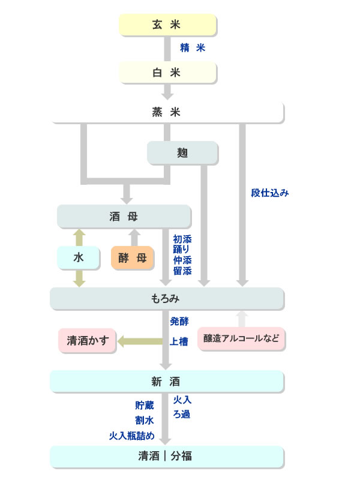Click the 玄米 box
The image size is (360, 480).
tap(167, 25)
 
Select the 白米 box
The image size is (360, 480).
tap(167, 73)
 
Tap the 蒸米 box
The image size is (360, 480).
tap(167, 112)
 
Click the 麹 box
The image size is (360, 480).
tap(182, 153)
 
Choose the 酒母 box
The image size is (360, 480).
tap(124, 216)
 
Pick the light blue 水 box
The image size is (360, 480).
tap(79, 258)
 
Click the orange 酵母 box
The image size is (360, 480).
tap(133, 258)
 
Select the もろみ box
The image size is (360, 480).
tap(167, 298)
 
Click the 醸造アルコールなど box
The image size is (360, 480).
tap(241, 338)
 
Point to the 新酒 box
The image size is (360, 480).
tap(167, 381)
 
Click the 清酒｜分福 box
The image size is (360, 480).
tap(167, 456)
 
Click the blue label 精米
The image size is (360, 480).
tap(193, 48)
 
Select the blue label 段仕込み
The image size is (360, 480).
tap(270, 193)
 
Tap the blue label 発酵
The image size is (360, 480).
tap(179, 321)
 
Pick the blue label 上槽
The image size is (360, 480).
tap(179, 341)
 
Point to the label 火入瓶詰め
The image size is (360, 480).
tap(131, 435)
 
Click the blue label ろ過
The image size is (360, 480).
tap(182, 414)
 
